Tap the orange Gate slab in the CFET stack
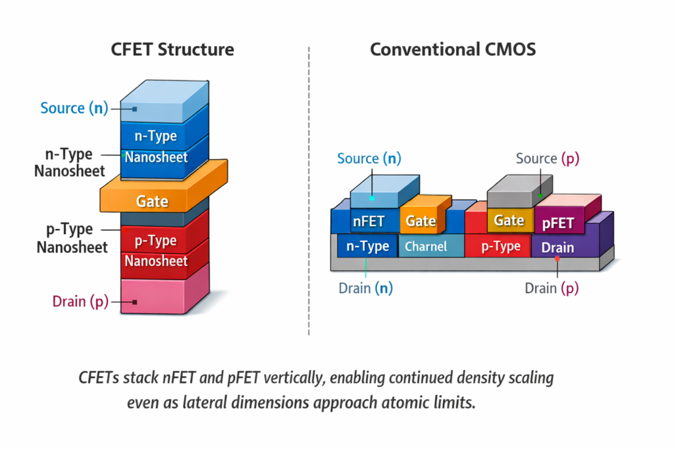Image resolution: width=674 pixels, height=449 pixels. [x=153, y=201]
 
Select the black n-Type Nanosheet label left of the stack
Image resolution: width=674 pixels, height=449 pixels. [x=70, y=163]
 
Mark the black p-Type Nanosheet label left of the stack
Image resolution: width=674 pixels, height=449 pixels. [x=70, y=239]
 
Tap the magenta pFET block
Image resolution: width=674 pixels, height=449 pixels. [x=558, y=224]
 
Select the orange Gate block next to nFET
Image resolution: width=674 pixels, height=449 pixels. [x=420, y=221]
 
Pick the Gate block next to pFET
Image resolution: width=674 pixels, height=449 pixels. [x=509, y=220]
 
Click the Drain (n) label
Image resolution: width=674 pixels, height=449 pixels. [x=369, y=288]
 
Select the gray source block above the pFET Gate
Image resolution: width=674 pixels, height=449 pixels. [x=516, y=191]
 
